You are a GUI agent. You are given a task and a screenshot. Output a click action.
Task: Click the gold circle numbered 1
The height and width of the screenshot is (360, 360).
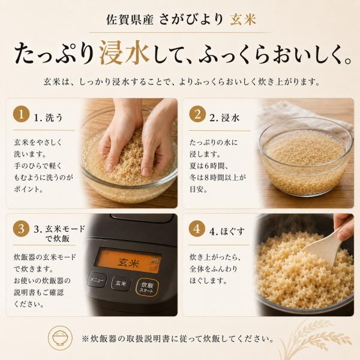tap(21, 114)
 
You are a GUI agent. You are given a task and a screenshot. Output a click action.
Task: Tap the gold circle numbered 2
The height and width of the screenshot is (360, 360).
tap(197, 114)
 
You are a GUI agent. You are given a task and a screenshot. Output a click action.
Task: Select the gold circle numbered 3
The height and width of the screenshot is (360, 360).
tap(21, 229)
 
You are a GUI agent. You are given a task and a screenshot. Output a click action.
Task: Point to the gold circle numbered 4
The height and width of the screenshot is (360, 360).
tap(197, 229)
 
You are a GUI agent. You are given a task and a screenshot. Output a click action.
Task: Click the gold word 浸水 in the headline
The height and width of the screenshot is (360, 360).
tap(125, 53)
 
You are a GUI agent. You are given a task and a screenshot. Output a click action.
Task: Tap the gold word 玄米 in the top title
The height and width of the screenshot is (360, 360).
tap(243, 19)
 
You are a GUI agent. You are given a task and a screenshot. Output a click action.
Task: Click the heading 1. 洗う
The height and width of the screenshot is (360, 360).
tap(48, 118)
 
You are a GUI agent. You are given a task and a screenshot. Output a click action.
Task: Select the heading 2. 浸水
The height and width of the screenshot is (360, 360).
tap(224, 118)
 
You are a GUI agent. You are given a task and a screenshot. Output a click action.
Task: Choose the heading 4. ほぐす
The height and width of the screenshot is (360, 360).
tap(227, 232)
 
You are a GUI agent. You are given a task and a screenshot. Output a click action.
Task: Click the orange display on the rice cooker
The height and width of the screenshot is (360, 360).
tap(128, 261)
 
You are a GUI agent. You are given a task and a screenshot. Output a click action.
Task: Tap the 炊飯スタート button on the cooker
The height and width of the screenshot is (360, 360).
tap(147, 287)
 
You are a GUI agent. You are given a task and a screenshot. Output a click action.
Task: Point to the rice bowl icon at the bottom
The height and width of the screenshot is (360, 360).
tap(60, 338)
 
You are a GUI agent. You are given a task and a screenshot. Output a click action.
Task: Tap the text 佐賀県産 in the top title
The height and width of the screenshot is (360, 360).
tap(130, 20)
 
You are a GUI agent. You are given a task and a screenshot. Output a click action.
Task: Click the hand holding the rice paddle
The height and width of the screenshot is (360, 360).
tap(344, 225)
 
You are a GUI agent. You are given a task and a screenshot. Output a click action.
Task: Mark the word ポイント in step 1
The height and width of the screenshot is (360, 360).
tap(27, 190)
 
